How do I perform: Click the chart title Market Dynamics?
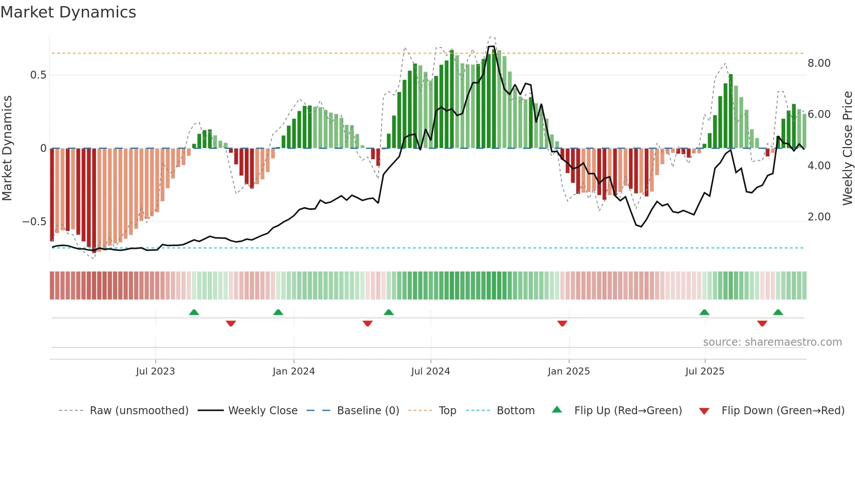(68, 12)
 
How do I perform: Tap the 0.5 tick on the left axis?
(38, 75)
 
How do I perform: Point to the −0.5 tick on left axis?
(34, 222)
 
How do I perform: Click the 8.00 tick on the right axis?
(819, 63)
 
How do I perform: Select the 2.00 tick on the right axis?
(819, 217)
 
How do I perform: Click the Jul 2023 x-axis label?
(155, 371)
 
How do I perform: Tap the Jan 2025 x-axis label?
(568, 371)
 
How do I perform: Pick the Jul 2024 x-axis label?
(430, 371)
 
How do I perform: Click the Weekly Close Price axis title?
(847, 148)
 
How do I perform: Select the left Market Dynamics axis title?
(7, 148)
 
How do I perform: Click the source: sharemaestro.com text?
(772, 342)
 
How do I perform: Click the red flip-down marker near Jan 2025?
(562, 323)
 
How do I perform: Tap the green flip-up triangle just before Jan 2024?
(278, 312)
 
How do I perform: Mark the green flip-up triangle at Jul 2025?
(704, 312)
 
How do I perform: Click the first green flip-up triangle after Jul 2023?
(194, 312)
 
